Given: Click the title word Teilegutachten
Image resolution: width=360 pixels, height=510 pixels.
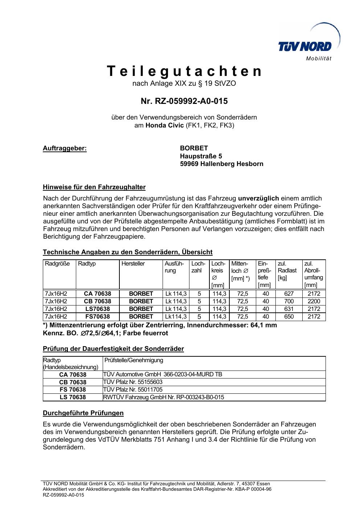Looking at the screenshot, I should (x=184, y=71).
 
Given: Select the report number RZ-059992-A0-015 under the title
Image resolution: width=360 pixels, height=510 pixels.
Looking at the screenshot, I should (x=184, y=101).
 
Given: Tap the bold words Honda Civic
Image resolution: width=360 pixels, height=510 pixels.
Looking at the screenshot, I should (x=164, y=126).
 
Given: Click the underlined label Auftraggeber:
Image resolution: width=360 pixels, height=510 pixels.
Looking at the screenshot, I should (x=65, y=148).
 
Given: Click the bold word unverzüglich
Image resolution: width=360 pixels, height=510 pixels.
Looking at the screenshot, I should (x=258, y=198).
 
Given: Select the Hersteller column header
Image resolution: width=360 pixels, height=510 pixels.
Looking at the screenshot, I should (x=133, y=264).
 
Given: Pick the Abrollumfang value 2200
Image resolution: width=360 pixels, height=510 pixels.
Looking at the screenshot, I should (x=314, y=301).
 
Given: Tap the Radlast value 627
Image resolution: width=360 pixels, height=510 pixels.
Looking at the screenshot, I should (x=289, y=294).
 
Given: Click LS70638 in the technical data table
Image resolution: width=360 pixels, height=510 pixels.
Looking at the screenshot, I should (x=97, y=309).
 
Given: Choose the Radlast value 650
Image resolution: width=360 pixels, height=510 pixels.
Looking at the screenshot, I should (x=289, y=317).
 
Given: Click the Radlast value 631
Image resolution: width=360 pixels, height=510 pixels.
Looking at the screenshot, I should (x=289, y=309).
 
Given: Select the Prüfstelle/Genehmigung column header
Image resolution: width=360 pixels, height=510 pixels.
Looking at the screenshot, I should (x=134, y=360).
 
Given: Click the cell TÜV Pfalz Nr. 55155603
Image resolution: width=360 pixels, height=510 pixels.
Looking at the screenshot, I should (x=133, y=382).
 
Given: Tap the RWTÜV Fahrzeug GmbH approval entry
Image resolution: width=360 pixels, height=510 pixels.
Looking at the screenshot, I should (x=164, y=397).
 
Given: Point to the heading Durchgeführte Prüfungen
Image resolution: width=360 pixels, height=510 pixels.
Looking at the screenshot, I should (x=83, y=413).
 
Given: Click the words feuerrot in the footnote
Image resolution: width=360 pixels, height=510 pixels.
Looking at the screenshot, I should (x=155, y=333).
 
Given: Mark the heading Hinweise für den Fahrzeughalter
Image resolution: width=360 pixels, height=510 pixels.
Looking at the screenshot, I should (x=94, y=187).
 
